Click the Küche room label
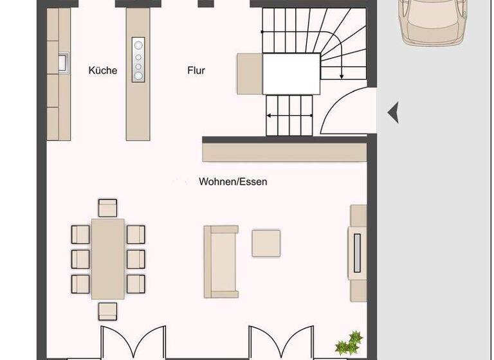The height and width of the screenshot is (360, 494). pyautogui.click(x=103, y=70)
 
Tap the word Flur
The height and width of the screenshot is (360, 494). pyautogui.click(x=196, y=70)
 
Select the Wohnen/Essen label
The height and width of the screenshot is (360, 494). pyautogui.click(x=233, y=182)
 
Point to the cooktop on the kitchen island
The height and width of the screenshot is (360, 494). pyautogui.click(x=138, y=60)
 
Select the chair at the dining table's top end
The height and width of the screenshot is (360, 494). pyautogui.click(x=108, y=208)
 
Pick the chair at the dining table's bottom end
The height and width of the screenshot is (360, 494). pyautogui.click(x=108, y=311)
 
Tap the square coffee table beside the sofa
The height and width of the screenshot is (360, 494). pyautogui.click(x=266, y=244)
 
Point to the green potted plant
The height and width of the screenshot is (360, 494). pyautogui.click(x=348, y=343)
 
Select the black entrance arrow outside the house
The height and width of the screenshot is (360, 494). pyautogui.click(x=393, y=113)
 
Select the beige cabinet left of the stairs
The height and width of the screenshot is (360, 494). pyautogui.click(x=250, y=73)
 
